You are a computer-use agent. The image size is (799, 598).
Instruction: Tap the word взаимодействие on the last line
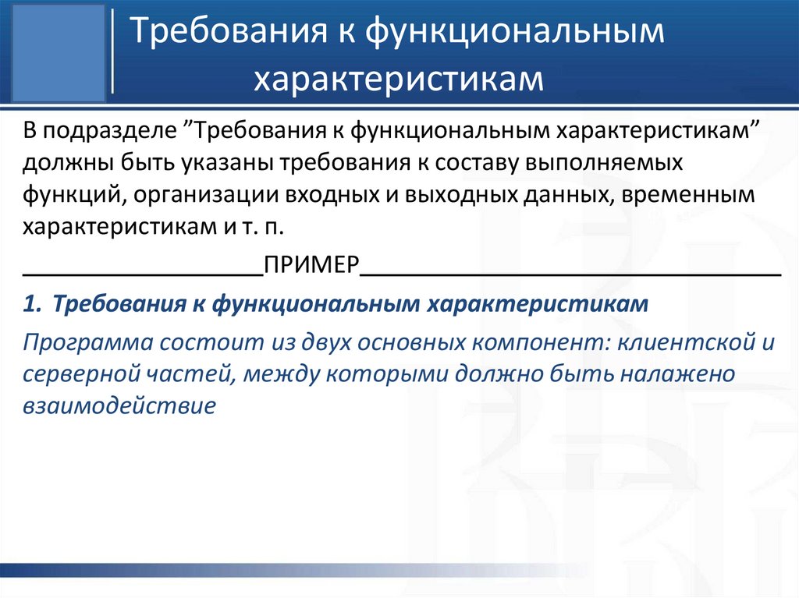click(x=119, y=405)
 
